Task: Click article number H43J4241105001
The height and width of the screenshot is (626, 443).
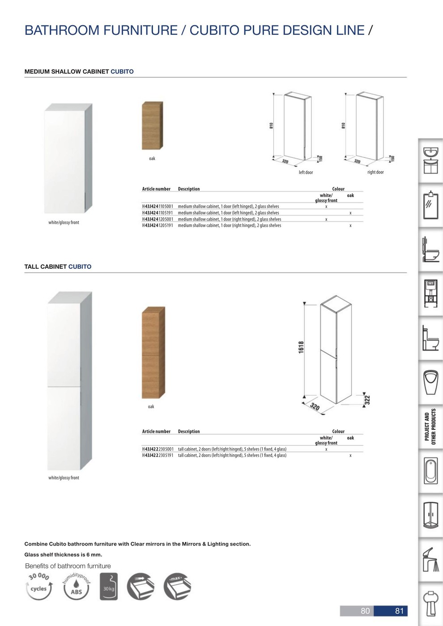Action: [x=158, y=206]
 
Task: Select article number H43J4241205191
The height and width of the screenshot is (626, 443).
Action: [x=158, y=225]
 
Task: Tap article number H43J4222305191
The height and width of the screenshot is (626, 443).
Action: [x=158, y=455]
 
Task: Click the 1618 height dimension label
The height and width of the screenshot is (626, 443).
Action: [x=301, y=347]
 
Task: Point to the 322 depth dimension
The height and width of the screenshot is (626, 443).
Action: [x=367, y=400]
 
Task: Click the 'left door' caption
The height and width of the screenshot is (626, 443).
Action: [x=306, y=173]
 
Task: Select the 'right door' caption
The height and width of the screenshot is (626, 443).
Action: [x=375, y=172]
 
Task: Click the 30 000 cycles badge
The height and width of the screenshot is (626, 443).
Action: [x=39, y=586]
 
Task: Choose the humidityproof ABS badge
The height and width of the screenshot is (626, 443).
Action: [x=77, y=586]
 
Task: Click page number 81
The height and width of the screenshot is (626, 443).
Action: [x=399, y=611]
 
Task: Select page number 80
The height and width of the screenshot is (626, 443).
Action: [x=365, y=611]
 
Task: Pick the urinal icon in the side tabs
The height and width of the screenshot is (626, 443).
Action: [x=431, y=383]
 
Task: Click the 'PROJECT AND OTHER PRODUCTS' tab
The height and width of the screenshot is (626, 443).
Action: [x=430, y=427]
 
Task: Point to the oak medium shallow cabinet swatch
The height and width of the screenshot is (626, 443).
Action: [x=153, y=126]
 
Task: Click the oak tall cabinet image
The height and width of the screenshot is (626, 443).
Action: [x=153, y=352]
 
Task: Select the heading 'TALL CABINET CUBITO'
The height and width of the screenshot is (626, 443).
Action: [x=58, y=266]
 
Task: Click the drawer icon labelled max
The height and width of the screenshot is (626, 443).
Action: [x=177, y=586]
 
